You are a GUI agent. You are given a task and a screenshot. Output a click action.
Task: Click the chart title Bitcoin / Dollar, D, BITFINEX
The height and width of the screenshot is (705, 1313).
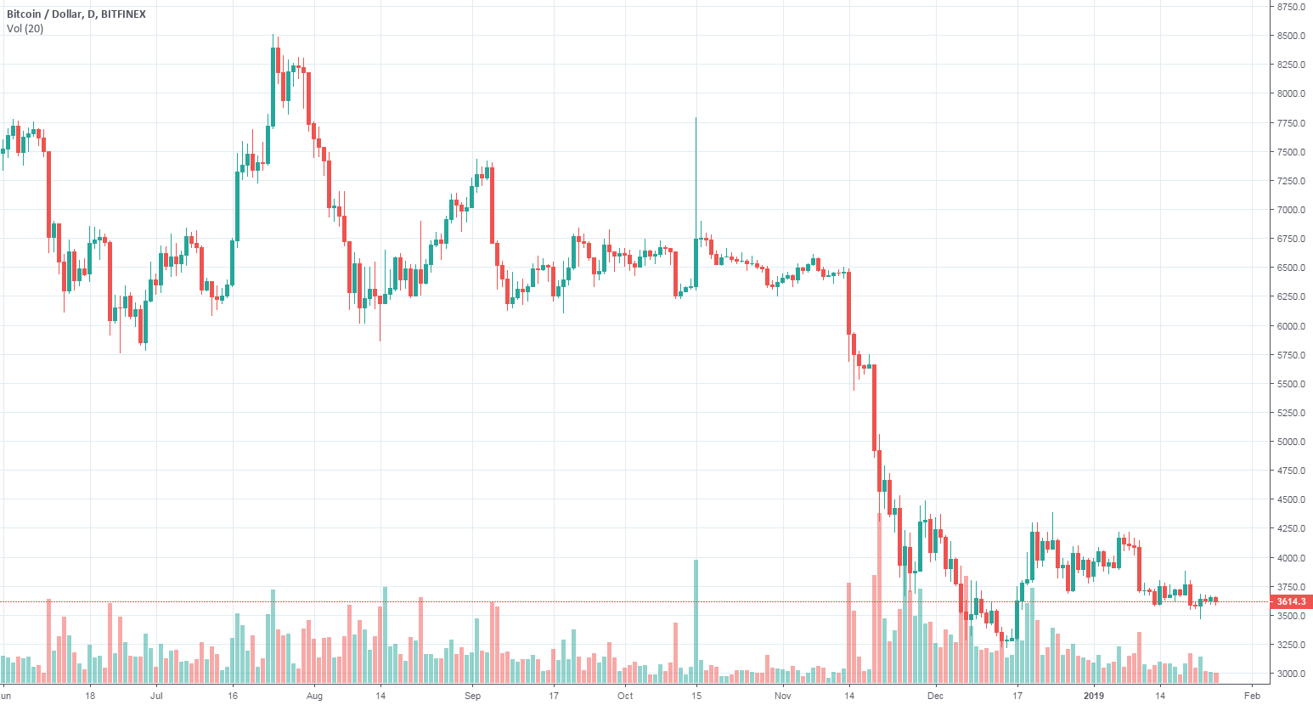coord(76,14)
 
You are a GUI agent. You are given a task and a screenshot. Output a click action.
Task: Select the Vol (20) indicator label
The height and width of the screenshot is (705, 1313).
coord(25,29)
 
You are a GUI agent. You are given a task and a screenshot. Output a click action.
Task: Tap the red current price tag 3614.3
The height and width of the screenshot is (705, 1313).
coord(1290,601)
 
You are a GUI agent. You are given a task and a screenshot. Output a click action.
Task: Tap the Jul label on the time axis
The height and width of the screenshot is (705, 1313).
coord(156,696)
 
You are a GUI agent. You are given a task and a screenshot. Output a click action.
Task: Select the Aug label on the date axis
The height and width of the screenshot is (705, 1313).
coord(314,696)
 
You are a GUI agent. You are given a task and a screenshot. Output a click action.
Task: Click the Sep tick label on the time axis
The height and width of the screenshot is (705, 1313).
coord(472,696)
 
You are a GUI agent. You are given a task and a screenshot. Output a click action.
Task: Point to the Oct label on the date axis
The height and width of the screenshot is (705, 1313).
coord(625,696)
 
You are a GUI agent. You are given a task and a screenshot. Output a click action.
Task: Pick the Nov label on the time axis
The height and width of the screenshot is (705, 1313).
coord(783,696)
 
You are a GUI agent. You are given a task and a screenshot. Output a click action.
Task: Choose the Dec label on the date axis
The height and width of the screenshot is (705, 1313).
coord(935,696)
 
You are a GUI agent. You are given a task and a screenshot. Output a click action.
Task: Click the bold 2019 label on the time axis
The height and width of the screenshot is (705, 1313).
coord(1094,696)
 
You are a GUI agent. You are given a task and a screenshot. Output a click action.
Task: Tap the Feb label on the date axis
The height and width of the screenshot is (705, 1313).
coord(1251,696)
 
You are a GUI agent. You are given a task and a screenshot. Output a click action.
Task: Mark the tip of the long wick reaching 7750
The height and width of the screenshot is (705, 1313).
coord(696,118)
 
